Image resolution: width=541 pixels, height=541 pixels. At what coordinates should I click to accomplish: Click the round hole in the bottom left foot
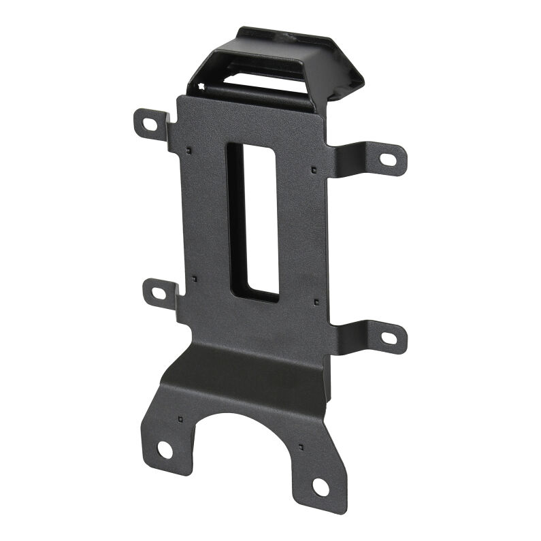coord(165,448)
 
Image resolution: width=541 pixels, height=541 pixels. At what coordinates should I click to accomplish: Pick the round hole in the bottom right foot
coord(321,487)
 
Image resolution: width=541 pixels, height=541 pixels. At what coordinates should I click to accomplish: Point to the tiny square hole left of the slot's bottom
coord(195,278)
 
